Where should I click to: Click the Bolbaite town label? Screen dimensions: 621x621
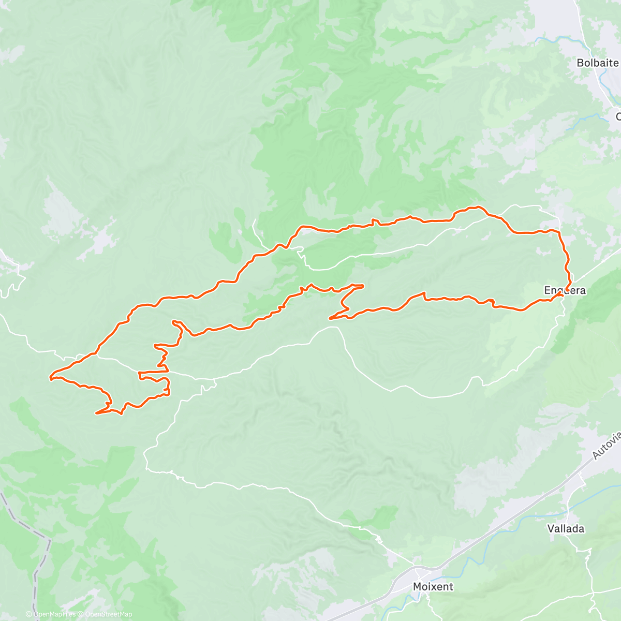pos(598,63)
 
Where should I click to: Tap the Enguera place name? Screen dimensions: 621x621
pos(565,290)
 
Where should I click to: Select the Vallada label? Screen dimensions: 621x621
pos(566,528)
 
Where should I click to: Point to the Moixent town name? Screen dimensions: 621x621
pos(433,586)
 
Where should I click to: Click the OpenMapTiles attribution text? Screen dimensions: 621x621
pos(54,614)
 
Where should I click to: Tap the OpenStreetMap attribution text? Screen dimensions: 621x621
pos(108,614)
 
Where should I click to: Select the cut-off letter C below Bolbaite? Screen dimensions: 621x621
pos(618,117)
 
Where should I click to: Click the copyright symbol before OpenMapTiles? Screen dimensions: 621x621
pos(29,614)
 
